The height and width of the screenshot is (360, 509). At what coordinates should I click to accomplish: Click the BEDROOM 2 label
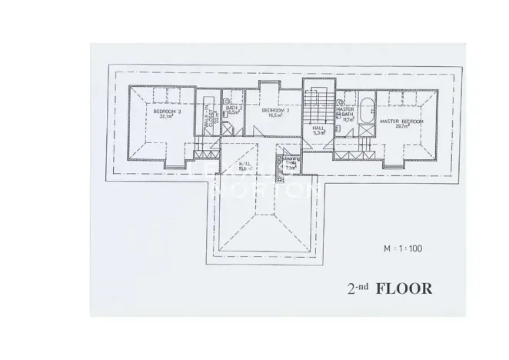[x=274, y=111]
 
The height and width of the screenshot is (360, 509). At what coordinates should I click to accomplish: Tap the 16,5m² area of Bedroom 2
[x=274, y=116]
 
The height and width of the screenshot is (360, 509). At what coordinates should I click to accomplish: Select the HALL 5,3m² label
[x=318, y=131]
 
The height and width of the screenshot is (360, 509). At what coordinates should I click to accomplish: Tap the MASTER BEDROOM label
[x=401, y=121]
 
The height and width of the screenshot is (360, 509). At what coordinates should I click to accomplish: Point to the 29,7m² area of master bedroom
[x=401, y=127]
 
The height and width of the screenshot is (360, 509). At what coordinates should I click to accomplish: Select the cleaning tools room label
[x=291, y=165]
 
